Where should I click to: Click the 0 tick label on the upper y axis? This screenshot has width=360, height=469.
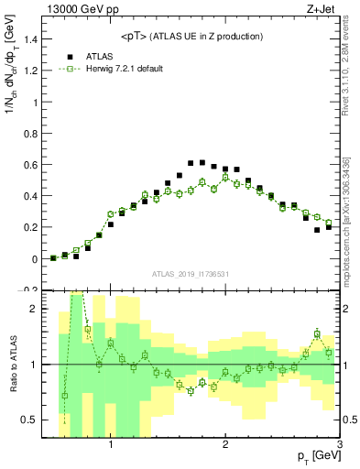(x=34, y=259)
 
